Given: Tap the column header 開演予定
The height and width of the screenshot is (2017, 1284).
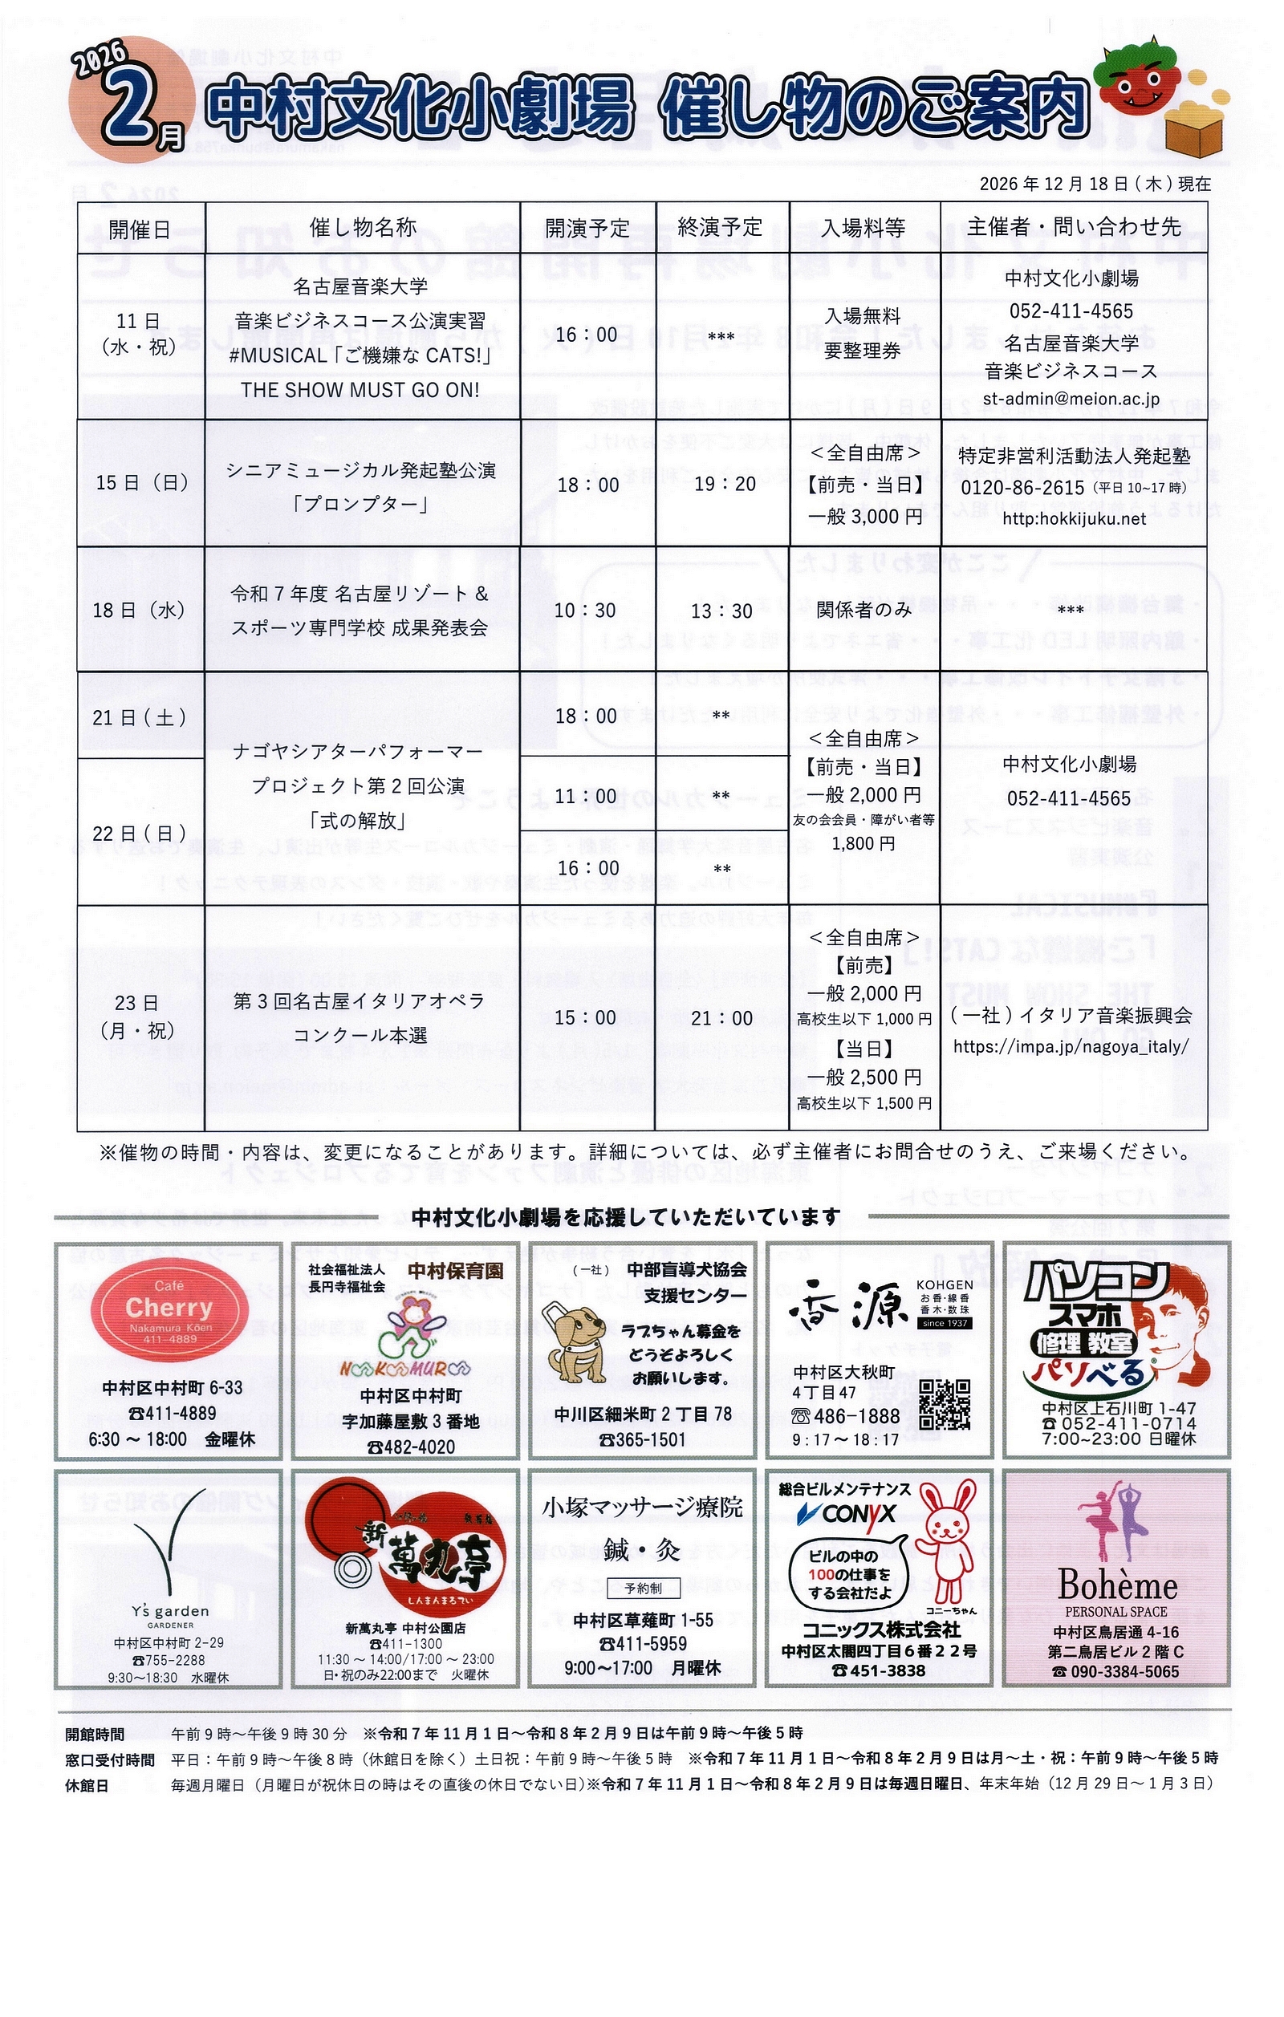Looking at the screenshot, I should pyautogui.click(x=587, y=228).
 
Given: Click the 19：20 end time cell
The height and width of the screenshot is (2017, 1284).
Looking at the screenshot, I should pyautogui.click(x=725, y=484).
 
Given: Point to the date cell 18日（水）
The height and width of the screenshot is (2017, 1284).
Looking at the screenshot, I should pyautogui.click(x=139, y=610).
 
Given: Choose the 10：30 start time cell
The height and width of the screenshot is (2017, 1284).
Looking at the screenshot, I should pyautogui.click(x=585, y=611).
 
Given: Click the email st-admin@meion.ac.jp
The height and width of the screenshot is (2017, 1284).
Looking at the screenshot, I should pyautogui.click(x=1071, y=399).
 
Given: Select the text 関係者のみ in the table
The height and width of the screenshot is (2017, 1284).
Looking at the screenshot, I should pyautogui.click(x=863, y=610).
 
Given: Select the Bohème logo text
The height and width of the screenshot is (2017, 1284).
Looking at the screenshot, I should pyautogui.click(x=1116, y=1585).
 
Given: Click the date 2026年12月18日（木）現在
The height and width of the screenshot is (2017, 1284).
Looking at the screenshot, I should pyautogui.click(x=1094, y=184).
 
